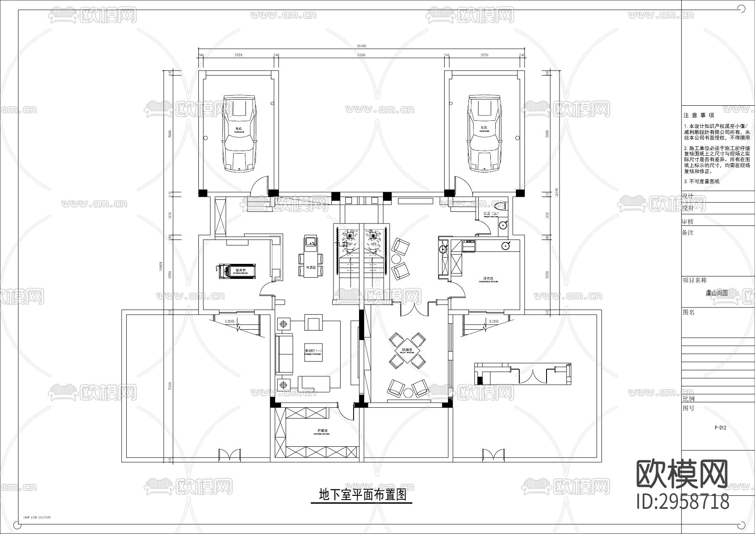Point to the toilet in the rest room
click(x=500, y=206)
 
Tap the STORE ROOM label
click(x=322, y=432)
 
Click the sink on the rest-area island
click(x=311, y=242)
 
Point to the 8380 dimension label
click(x=361, y=55)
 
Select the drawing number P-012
click(x=720, y=428)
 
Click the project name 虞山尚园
click(x=716, y=293)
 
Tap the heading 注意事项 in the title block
click(x=699, y=115)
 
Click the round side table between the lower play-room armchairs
click(x=408, y=393)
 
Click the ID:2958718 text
click(x=683, y=501)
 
